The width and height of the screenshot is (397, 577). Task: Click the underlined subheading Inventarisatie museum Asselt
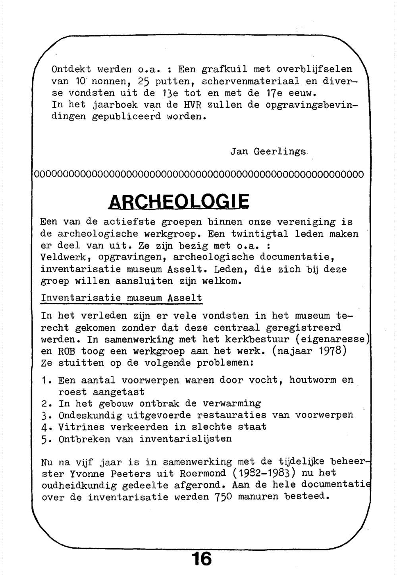121,298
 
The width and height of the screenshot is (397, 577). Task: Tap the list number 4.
44,427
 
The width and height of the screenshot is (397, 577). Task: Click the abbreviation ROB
67,351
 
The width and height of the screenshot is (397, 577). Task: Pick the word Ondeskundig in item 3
90,415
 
